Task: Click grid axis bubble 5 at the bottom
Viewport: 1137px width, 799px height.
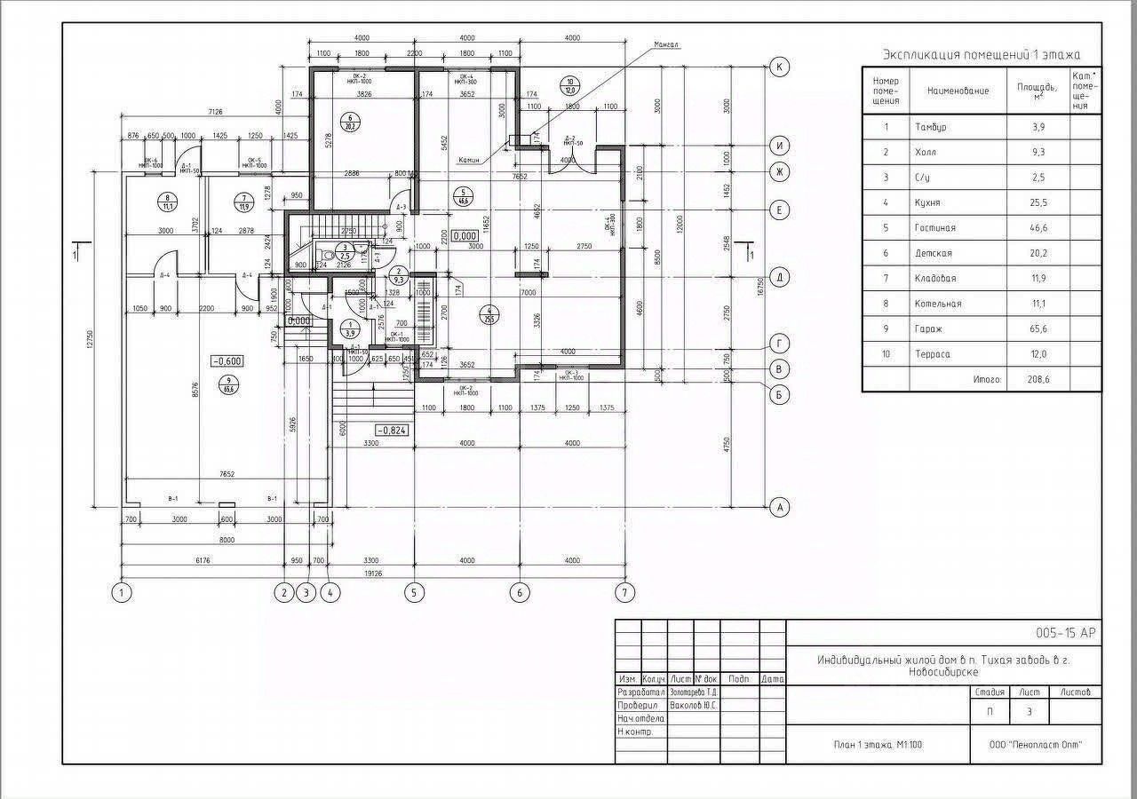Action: point(414,592)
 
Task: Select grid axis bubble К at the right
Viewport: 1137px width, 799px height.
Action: point(780,67)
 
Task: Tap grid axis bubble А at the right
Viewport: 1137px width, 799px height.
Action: point(780,507)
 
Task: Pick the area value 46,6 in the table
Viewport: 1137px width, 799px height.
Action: point(1037,228)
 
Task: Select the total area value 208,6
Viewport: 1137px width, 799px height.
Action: point(1037,379)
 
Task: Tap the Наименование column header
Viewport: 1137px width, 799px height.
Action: point(958,91)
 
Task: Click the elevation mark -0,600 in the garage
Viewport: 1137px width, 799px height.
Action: point(227,360)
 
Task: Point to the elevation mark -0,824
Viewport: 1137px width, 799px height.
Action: point(392,430)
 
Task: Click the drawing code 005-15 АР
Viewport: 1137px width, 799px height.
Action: point(1066,633)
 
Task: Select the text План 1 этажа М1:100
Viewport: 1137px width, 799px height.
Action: point(878,745)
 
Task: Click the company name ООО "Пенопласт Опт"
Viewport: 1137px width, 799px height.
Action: point(1036,745)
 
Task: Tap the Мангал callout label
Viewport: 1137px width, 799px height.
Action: point(666,44)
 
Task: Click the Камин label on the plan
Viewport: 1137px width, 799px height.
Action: point(469,161)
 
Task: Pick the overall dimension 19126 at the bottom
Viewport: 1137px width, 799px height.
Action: point(371,574)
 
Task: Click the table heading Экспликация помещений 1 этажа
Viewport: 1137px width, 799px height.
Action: point(981,55)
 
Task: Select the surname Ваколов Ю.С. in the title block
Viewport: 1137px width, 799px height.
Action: point(694,706)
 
